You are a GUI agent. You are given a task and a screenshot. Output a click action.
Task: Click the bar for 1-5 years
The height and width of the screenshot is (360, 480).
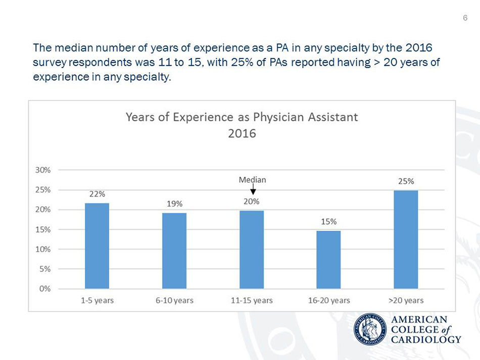pos(97,246)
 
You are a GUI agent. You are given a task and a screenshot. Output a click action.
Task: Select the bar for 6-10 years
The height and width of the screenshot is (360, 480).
pos(174,251)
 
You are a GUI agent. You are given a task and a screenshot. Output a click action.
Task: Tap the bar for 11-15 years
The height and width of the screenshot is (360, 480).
pos(252,249)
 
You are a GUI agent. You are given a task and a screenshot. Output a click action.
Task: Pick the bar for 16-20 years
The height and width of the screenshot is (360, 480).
pos(328,260)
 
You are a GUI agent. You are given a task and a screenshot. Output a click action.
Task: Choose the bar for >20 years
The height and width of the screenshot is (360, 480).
pos(406,239)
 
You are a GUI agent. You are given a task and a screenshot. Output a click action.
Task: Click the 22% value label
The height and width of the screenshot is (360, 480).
pos(97,193)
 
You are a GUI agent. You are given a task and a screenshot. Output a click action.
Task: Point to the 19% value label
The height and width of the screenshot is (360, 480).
pos(174,203)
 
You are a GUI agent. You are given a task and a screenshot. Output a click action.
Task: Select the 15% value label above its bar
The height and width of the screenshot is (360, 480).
pos(328,221)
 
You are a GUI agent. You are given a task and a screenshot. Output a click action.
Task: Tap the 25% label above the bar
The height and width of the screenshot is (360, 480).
pos(406,180)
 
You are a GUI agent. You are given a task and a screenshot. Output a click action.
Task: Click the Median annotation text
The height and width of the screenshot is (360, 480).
pos(252,179)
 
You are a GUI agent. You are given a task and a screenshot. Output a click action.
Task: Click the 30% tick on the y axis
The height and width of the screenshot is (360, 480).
pos(42,170)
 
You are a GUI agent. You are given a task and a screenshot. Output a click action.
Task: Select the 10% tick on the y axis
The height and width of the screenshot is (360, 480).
pos(42,249)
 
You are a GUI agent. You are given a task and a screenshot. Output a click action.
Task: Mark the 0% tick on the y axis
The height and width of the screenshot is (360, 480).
pos(44,289)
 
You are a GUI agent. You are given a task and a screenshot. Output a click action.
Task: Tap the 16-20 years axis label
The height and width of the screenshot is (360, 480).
pos(328,300)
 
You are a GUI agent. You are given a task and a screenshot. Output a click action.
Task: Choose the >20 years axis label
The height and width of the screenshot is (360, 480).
pos(406,300)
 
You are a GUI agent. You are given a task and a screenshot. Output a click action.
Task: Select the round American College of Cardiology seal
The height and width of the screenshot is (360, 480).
pos(370,329)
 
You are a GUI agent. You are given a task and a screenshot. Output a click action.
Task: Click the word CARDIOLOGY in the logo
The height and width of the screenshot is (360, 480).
pos(426,339)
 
